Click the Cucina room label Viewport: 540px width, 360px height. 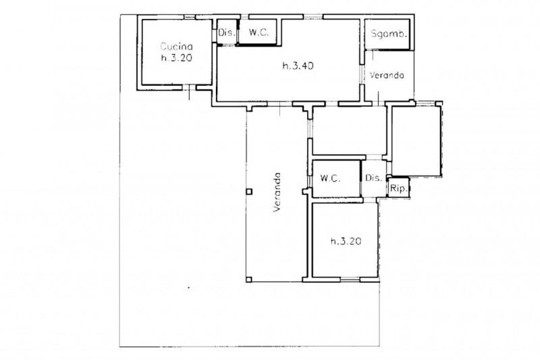click(x=176, y=46)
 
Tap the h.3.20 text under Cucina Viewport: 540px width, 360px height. click(x=176, y=57)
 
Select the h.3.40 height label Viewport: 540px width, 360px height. click(x=298, y=66)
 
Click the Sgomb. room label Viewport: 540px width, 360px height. click(x=389, y=34)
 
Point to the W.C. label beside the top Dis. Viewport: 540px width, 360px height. click(x=259, y=32)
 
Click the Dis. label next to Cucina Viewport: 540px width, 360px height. click(x=227, y=32)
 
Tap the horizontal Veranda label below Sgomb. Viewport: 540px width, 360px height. click(x=387, y=75)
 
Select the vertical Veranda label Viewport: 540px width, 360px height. click(x=277, y=192)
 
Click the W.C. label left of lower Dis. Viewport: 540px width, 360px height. click(x=330, y=178)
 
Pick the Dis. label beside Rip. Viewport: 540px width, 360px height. click(x=374, y=178)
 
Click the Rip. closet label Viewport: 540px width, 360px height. click(x=399, y=189)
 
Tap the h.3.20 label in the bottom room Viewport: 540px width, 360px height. click(x=346, y=241)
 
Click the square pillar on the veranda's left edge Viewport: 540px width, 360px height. click(x=249, y=192)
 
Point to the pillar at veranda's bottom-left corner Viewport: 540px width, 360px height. click(x=249, y=280)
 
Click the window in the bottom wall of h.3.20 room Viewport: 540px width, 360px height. click(x=350, y=280)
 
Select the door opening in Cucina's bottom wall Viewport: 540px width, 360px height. click(x=189, y=88)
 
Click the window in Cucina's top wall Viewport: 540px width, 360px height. click(x=189, y=17)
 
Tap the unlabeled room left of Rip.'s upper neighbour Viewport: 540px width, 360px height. click(x=349, y=130)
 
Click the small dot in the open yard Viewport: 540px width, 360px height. click(x=188, y=287)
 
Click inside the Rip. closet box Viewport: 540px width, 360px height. click(x=399, y=188)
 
